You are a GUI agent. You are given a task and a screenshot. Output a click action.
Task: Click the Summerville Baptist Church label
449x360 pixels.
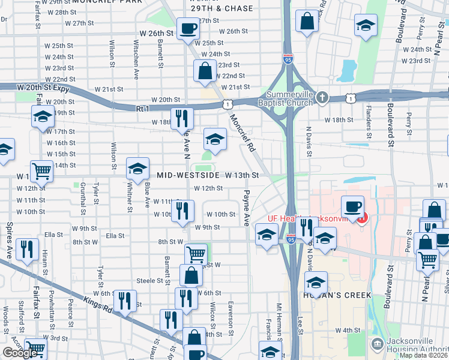(x=280, y=98)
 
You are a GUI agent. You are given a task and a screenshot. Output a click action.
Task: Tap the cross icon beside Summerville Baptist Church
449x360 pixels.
(x=322, y=97)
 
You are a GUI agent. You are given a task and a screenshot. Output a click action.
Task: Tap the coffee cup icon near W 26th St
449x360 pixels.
(x=188, y=28)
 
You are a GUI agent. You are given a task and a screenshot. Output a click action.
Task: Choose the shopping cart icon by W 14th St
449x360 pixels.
(x=42, y=171)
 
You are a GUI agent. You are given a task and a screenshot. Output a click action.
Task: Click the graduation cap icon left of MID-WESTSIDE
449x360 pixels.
(x=137, y=169)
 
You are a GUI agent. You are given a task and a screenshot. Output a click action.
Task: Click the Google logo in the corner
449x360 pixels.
(x=20, y=353)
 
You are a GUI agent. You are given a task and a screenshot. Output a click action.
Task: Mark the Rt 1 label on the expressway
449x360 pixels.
(x=142, y=108)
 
